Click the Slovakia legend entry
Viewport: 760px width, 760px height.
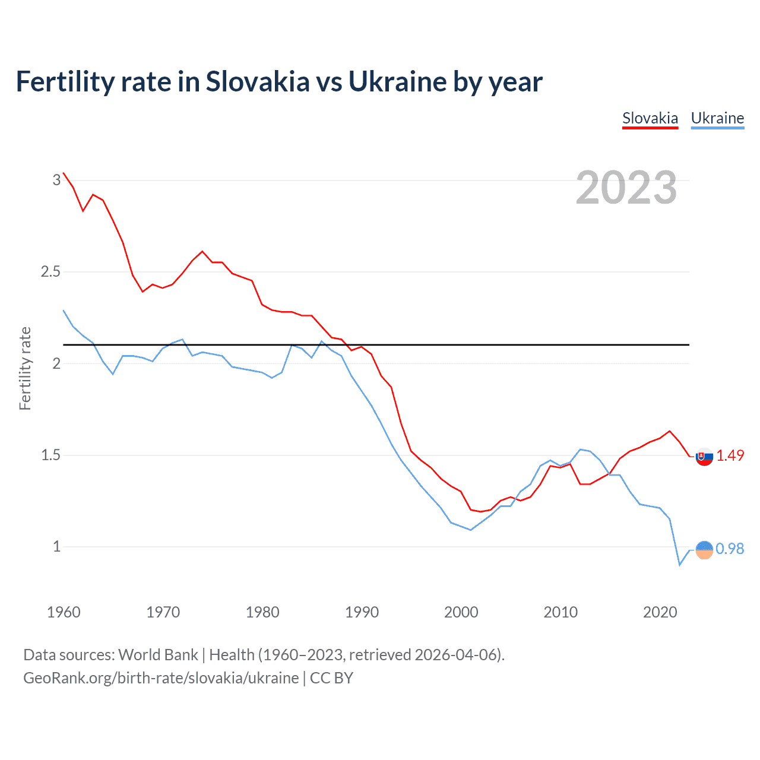pos(650,118)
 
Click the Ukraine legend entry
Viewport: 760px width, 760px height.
pos(717,118)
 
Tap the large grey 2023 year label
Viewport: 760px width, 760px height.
pos(626,188)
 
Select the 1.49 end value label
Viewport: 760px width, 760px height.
pos(730,455)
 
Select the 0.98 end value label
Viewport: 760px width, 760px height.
pos(730,549)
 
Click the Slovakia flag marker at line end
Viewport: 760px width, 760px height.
pos(704,457)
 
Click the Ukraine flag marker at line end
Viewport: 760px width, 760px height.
pos(704,550)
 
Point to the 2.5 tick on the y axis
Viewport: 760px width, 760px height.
pos(50,272)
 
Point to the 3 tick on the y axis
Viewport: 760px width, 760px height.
pos(56,180)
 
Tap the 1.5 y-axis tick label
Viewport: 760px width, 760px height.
pos(50,455)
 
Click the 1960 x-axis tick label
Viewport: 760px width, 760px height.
pos(64,612)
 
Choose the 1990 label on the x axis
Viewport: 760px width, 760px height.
pos(362,612)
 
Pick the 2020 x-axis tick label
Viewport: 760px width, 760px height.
pos(660,612)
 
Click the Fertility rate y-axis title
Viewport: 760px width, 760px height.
pos(25,368)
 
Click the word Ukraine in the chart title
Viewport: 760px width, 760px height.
pos(397,82)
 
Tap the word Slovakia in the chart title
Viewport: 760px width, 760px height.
pos(258,82)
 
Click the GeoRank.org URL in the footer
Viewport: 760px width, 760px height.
pos(161,678)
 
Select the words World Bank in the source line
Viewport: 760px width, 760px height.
pos(158,655)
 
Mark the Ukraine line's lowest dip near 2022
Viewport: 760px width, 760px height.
pos(680,565)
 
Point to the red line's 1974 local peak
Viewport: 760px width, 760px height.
pos(202,251)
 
